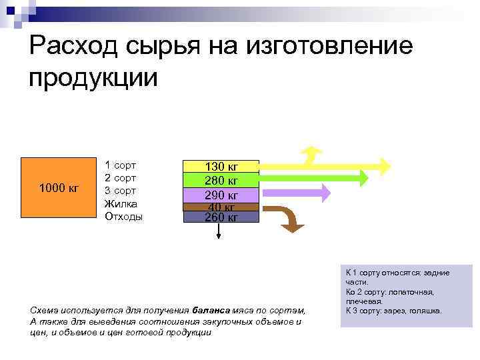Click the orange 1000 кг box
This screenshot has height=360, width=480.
(x=59, y=187)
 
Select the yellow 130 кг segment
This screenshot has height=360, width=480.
(x=221, y=167)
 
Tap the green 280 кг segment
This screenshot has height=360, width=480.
(x=221, y=181)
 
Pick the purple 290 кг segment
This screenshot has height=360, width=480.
(x=221, y=195)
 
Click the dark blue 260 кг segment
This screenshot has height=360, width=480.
(x=221, y=217)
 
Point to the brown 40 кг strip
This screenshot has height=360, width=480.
(x=221, y=207)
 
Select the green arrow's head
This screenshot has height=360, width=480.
(x=361, y=178)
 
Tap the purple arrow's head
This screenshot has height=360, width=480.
(x=324, y=192)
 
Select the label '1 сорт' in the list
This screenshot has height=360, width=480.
(x=120, y=165)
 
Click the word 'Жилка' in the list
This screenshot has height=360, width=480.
(x=121, y=204)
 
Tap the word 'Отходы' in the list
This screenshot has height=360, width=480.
(x=123, y=217)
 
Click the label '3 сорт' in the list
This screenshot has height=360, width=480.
(x=120, y=191)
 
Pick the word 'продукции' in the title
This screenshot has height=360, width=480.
(x=93, y=77)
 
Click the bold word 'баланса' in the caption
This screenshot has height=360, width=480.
(x=212, y=310)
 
